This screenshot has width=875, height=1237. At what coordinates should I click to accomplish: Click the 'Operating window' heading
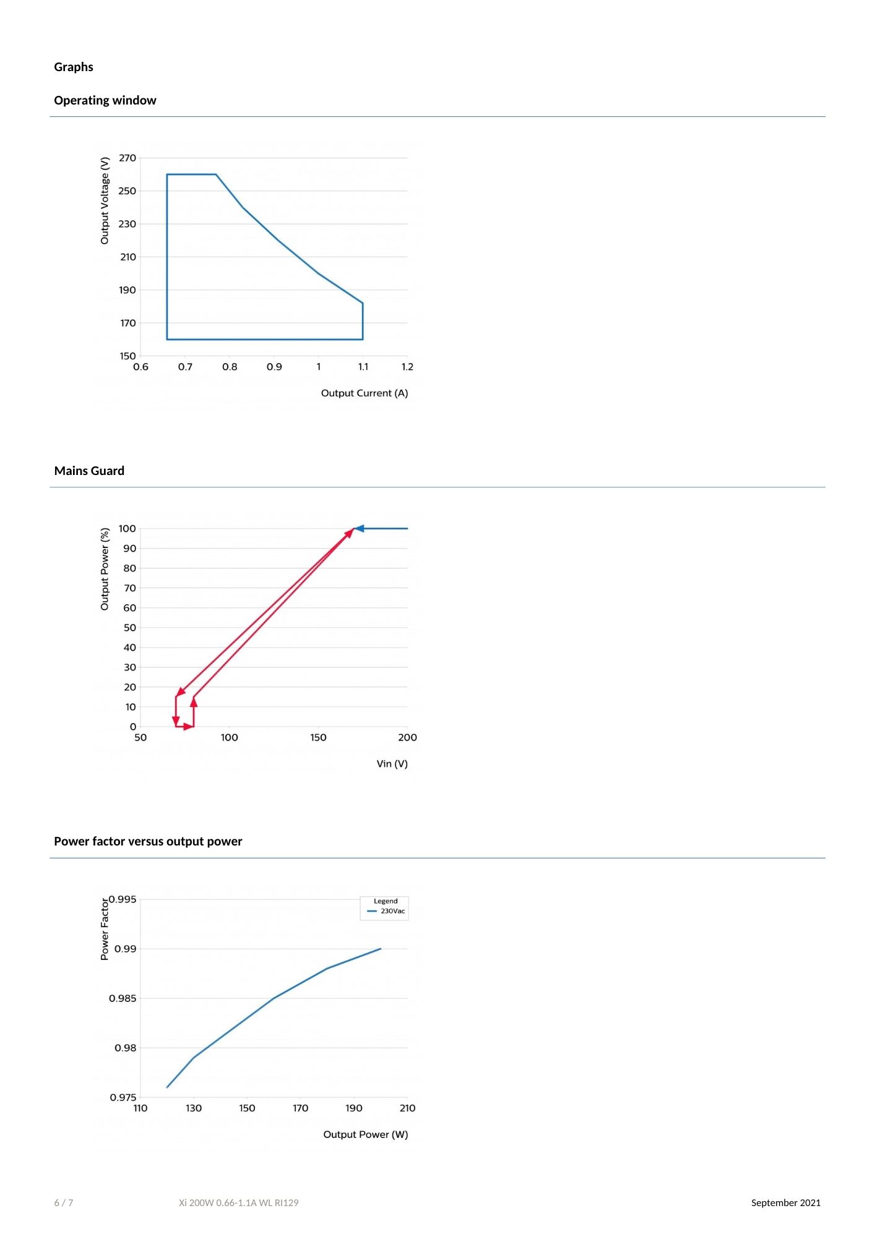pos(105,100)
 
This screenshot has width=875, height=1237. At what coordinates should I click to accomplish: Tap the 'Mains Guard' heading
pos(89,471)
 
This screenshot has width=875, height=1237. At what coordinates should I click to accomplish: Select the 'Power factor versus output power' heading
pos(148,841)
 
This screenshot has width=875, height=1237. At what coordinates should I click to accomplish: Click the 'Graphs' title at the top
pos(73,67)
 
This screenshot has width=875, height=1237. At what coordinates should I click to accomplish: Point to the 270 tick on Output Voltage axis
pos(127,158)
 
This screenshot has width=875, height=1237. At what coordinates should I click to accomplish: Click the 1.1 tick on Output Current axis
pos(363,367)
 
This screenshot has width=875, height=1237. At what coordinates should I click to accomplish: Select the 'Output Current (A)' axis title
pos(364,393)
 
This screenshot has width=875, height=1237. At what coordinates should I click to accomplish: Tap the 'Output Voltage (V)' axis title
pos(105,200)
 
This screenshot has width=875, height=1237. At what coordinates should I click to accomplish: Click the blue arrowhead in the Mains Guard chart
pos(359,528)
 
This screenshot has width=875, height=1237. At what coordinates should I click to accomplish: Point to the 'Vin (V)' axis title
pos(392,764)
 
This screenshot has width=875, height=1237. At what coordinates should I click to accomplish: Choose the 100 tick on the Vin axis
pos(229,737)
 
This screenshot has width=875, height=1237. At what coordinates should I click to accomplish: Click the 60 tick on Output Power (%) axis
pos(129,608)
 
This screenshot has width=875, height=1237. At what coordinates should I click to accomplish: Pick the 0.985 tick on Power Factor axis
pos(123,998)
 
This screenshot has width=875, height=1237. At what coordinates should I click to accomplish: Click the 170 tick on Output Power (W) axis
pos(300,1108)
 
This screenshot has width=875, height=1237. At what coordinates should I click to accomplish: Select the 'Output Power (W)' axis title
pos(365,1134)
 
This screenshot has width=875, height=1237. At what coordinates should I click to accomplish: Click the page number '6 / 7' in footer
pos(64,1203)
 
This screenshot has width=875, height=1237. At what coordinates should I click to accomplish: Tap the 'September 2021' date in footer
pos(785,1203)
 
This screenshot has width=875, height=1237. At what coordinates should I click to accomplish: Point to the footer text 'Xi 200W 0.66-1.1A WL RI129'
pos(238,1203)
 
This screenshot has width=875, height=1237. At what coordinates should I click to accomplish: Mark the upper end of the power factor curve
pos(381,949)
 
